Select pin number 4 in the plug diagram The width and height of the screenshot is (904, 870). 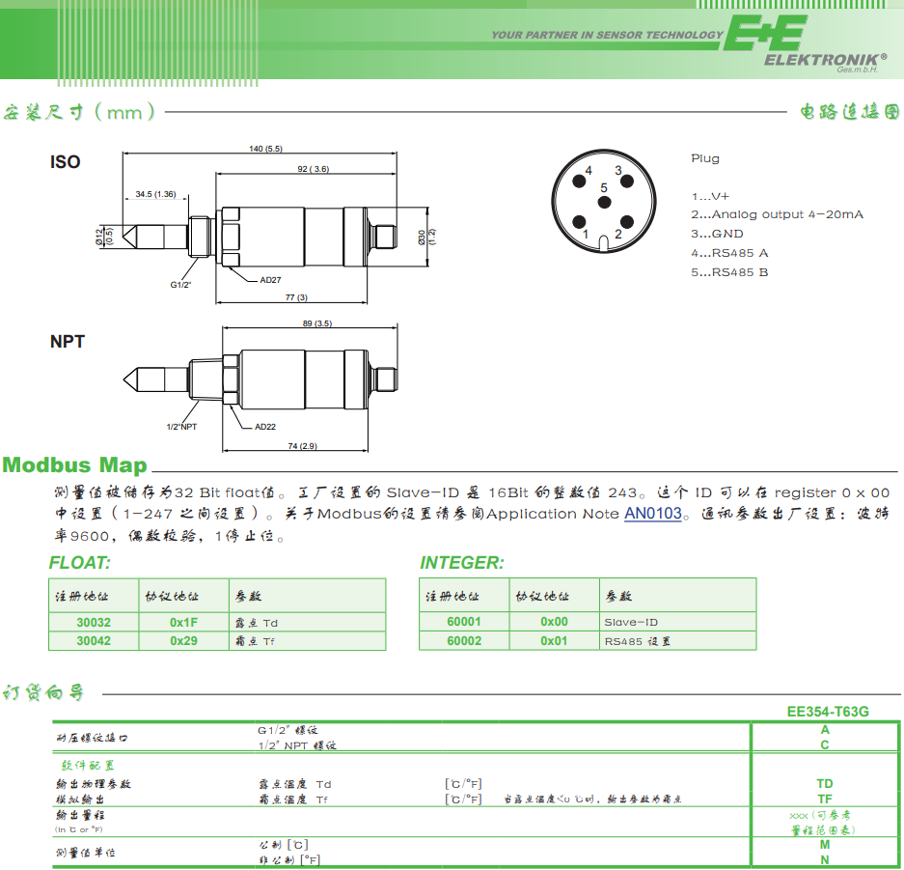(x=588, y=171)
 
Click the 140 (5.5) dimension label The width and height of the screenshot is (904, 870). (x=265, y=149)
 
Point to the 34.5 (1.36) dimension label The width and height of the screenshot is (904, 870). (x=155, y=194)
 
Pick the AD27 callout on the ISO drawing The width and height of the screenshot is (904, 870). (x=270, y=280)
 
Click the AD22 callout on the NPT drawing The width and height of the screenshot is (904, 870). (x=265, y=427)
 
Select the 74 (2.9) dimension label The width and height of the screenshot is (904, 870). (x=302, y=446)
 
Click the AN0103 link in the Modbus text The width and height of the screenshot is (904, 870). (x=653, y=514)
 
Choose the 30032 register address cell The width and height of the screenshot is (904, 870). (x=94, y=623)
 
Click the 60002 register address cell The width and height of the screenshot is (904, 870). (x=464, y=640)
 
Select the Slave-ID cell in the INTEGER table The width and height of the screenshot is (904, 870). (x=631, y=623)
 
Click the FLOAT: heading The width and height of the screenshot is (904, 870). (x=80, y=563)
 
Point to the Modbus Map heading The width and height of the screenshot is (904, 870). (x=75, y=464)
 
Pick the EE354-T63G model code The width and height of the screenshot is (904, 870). (x=828, y=712)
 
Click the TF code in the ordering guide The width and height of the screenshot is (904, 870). (x=825, y=799)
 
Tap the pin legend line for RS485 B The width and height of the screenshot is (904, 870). (x=729, y=272)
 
